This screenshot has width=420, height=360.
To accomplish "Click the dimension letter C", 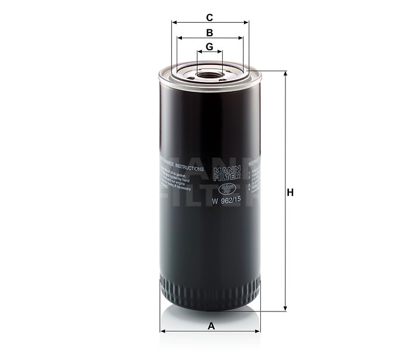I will (x=209, y=17).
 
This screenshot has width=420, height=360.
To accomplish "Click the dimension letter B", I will (x=209, y=32).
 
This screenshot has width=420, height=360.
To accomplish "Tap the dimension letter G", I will (x=209, y=46).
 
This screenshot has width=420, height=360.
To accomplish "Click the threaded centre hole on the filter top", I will (x=209, y=74).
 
